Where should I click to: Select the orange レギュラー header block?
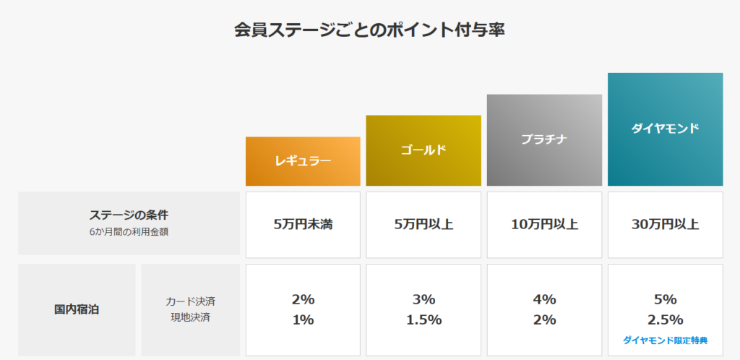tap(303, 161)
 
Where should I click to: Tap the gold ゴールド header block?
tap(423, 150)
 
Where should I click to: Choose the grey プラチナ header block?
tap(544, 140)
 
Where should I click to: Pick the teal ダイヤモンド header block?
tap(665, 129)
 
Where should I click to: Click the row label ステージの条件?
tap(129, 215)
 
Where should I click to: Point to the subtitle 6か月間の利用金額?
tap(129, 233)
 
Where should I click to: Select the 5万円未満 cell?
tap(303, 224)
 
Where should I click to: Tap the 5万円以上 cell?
tap(423, 224)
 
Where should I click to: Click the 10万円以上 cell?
tap(544, 224)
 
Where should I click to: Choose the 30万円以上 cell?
tap(665, 224)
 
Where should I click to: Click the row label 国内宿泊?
tap(77, 309)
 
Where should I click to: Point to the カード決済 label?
tap(190, 301)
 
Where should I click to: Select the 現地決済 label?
tap(190, 318)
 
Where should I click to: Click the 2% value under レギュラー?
tap(304, 299)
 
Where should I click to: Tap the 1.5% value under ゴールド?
tap(423, 320)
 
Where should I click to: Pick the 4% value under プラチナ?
tap(544, 299)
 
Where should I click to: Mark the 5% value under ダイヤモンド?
tap(665, 299)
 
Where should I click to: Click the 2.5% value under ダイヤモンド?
tap(665, 320)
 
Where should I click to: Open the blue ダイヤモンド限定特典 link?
tap(665, 340)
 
